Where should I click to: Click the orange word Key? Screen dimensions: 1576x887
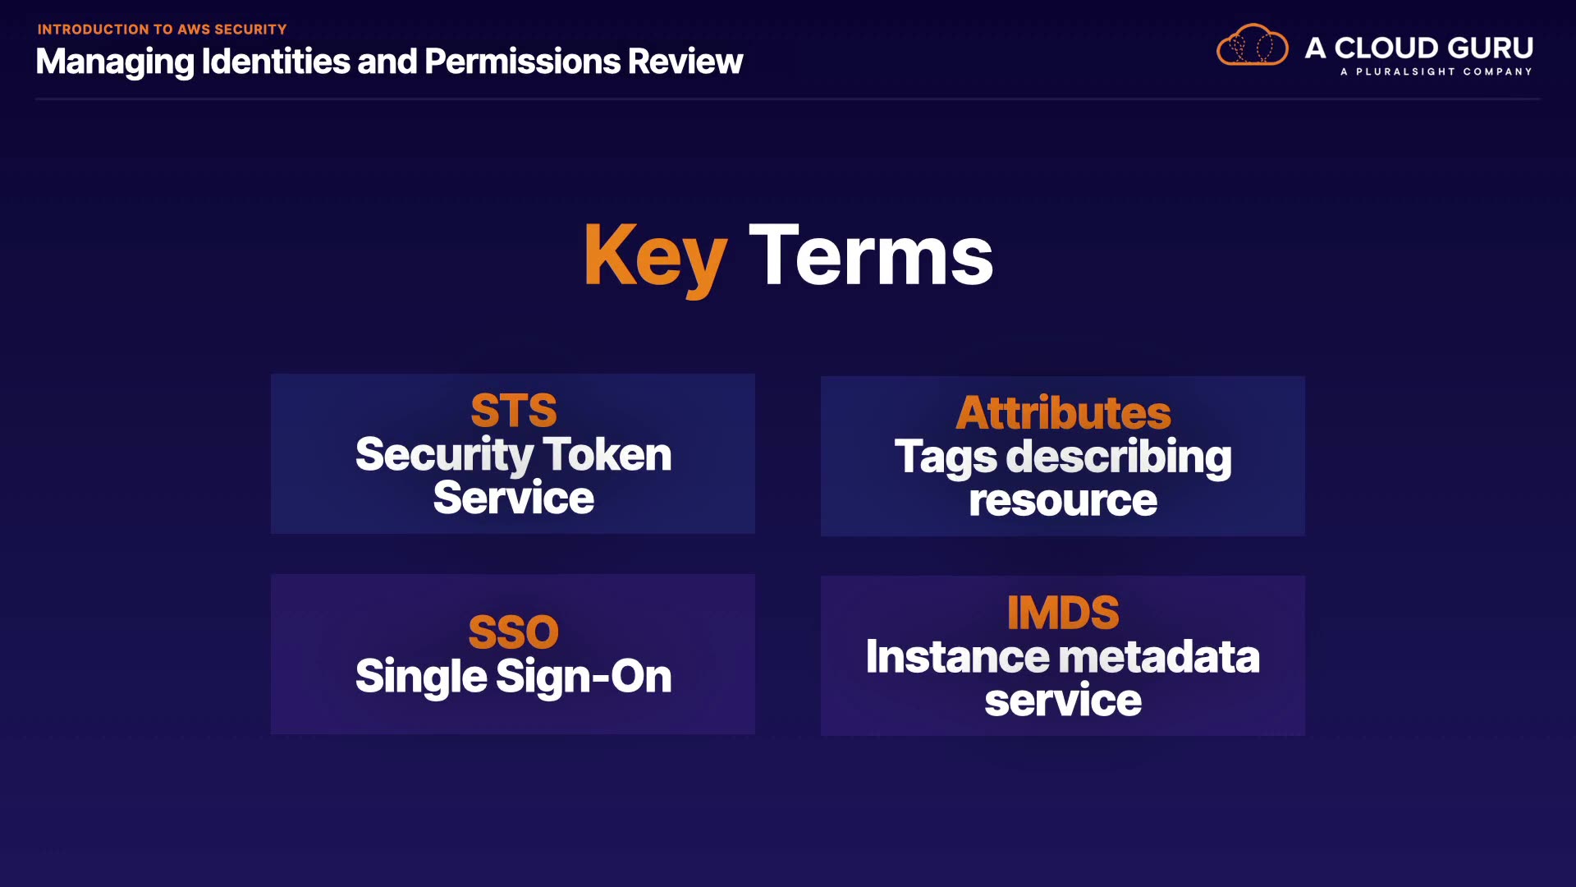point(655,258)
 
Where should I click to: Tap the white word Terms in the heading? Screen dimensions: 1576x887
point(871,255)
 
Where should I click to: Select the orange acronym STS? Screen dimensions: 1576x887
point(514,411)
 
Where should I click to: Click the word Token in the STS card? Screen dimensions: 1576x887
point(607,454)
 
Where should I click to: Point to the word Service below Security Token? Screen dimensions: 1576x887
point(514,498)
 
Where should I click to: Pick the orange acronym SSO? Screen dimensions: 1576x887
point(514,632)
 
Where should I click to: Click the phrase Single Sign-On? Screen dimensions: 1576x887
point(514,677)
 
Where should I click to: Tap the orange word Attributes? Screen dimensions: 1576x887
point(1063,412)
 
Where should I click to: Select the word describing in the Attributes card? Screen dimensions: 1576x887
point(1119,457)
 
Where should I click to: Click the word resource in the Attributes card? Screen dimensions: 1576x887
point(1063,501)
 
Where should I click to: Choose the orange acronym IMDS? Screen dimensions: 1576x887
point(1063,613)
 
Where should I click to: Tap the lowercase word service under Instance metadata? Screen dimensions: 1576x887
point(1063,701)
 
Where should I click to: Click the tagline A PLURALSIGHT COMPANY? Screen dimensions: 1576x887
point(1436,71)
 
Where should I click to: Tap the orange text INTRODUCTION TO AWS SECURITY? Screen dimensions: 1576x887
point(162,30)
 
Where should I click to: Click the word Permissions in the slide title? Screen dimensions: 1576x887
point(522,61)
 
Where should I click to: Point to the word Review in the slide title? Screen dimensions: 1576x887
point(685,61)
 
